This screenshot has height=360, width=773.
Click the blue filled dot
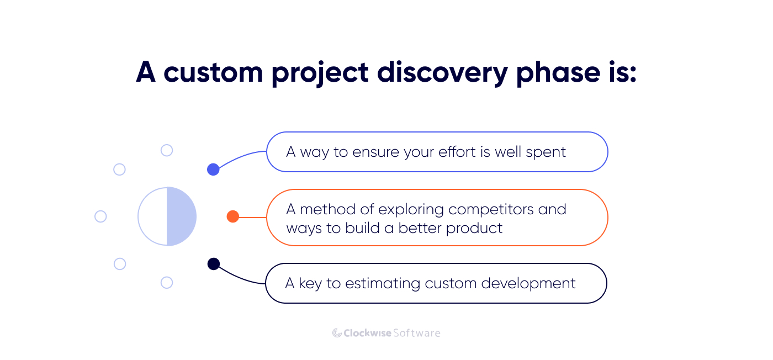pos(213,170)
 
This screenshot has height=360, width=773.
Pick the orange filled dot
pos(232,216)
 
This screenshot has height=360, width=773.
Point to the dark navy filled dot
pos(213,264)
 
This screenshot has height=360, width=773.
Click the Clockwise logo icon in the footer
pos(337,333)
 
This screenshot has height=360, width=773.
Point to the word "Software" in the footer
pos(417,333)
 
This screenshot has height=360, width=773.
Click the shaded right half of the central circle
pos(181,216)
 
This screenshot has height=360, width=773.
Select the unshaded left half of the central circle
pos(152,216)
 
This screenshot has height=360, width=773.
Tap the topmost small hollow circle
pos(166,150)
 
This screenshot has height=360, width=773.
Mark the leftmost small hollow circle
pos(100,216)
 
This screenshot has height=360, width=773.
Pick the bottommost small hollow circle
pos(166,283)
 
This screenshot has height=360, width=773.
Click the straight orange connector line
pos(252,217)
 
